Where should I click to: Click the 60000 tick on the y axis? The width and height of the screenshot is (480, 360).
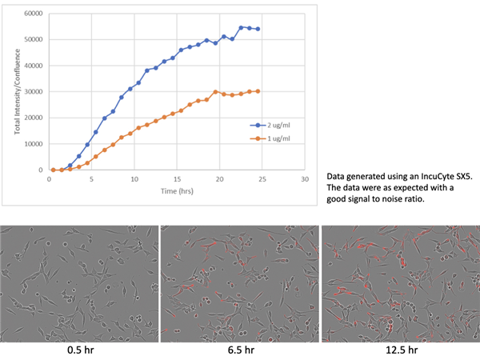click(33, 14)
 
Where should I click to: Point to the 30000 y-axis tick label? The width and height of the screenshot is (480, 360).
click(33, 92)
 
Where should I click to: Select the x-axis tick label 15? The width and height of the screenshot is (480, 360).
click(177, 179)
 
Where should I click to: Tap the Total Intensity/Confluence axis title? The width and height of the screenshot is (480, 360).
click(18, 92)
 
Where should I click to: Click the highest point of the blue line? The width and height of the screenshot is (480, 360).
click(241, 27)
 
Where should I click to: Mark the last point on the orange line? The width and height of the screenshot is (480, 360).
click(258, 91)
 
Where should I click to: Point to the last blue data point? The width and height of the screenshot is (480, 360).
click(258, 29)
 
